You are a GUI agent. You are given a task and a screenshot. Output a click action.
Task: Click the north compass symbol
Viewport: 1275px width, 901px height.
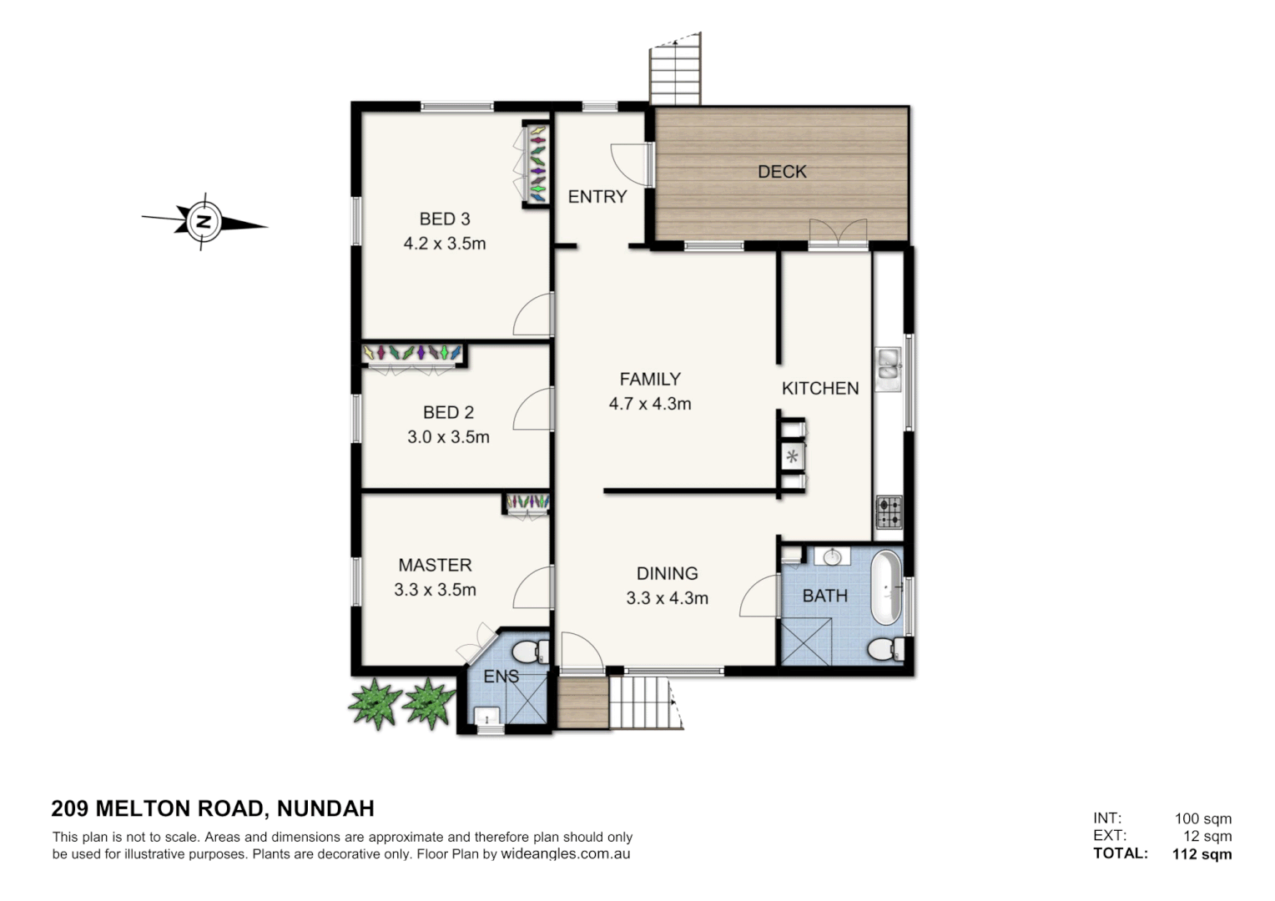click(203, 222)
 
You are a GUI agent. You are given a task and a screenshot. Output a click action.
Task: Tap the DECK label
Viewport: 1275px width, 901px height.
click(782, 172)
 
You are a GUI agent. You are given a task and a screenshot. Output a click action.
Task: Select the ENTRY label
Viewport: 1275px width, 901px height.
click(597, 197)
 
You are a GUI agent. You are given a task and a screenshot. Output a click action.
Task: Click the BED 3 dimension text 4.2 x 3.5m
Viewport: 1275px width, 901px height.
click(444, 244)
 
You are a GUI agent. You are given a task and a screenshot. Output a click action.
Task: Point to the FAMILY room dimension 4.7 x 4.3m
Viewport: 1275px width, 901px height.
click(650, 404)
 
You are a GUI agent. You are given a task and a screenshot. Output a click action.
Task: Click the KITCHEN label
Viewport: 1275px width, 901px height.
click(819, 388)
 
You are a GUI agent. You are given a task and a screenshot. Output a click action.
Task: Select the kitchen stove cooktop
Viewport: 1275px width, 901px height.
click(888, 511)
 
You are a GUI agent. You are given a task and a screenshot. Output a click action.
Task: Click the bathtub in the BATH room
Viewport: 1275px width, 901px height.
click(886, 587)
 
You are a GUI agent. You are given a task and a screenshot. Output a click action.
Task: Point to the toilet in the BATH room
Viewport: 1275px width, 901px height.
click(883, 649)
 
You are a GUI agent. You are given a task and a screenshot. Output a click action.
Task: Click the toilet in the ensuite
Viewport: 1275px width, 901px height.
click(529, 651)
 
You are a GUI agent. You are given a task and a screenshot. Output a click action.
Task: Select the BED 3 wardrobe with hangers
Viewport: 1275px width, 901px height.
click(537, 164)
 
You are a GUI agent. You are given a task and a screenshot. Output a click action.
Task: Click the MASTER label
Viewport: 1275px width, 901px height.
click(435, 565)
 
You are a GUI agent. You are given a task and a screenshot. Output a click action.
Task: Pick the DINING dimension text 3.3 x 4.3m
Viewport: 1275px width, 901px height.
click(667, 598)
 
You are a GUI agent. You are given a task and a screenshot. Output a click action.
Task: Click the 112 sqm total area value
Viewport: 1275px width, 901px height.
click(1202, 853)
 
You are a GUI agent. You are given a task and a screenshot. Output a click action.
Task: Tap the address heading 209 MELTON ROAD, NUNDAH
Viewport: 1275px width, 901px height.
click(213, 808)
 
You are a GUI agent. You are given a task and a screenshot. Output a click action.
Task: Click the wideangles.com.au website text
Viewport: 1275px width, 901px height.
click(565, 854)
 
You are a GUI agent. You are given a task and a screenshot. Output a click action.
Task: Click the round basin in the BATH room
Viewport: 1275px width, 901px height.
click(832, 556)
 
